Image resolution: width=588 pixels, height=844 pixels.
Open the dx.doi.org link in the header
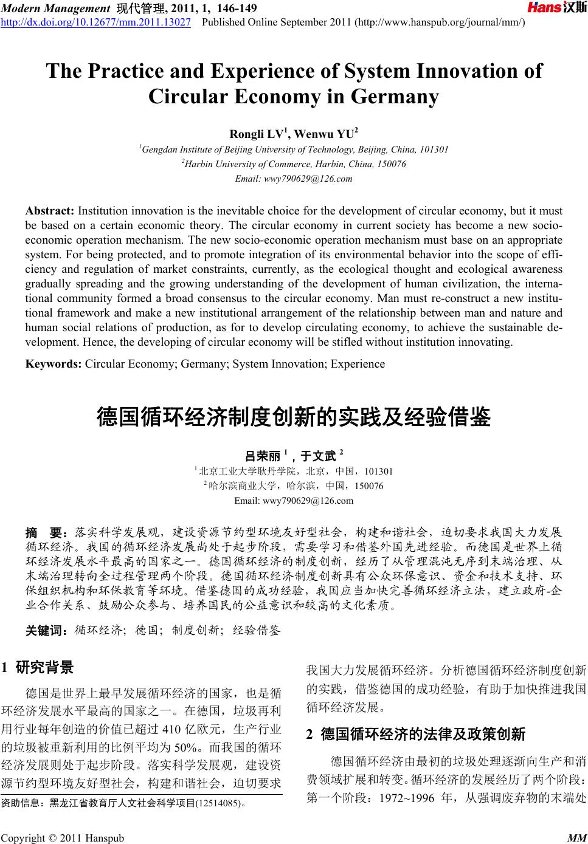tap(96, 22)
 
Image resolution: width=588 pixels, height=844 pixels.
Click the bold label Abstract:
tap(49, 211)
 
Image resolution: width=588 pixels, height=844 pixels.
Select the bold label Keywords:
tap(54, 364)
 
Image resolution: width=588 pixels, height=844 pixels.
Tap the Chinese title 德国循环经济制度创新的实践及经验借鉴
tap(294, 417)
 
